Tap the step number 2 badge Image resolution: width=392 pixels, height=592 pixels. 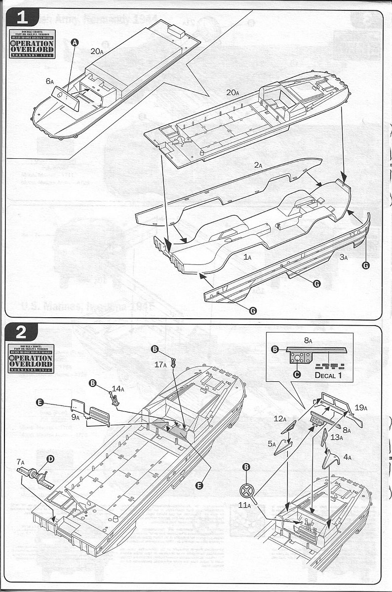[x=22, y=332]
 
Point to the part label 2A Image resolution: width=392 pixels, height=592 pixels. [x=258, y=166]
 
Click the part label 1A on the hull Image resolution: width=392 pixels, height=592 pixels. [x=247, y=257]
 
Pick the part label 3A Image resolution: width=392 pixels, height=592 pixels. [x=344, y=257]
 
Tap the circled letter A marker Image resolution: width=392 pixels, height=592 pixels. [x=75, y=43]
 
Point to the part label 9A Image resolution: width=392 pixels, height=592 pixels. [x=75, y=417]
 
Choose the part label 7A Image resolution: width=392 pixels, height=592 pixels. [x=20, y=462]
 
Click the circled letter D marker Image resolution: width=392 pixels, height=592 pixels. [x=50, y=459]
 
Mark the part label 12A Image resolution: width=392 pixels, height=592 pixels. [x=280, y=419]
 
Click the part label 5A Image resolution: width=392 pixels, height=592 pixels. [x=272, y=444]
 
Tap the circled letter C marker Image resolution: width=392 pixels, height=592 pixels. [x=297, y=374]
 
